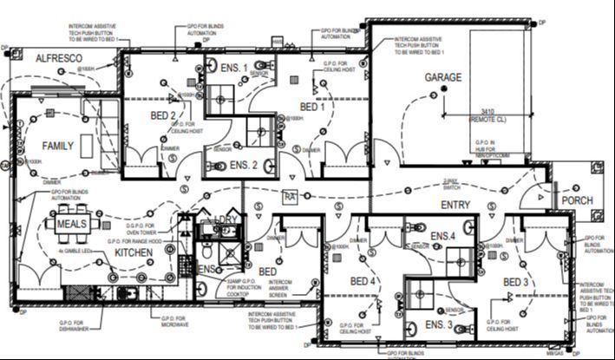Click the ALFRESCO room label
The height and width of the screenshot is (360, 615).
(59, 57)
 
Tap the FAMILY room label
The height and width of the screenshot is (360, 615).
(58, 146)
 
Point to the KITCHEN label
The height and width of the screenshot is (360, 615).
(134, 252)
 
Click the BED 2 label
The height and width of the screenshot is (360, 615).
(164, 115)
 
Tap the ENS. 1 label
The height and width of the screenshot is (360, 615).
(233, 69)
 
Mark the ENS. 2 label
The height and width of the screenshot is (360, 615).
(244, 165)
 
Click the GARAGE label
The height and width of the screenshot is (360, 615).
(442, 78)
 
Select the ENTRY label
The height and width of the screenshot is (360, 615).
(455, 205)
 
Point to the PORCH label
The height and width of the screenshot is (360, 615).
(577, 200)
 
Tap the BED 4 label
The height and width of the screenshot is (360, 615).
(363, 282)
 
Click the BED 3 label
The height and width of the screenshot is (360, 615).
(515, 282)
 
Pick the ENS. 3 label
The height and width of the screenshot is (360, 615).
(438, 324)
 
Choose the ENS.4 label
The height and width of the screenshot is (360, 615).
(442, 236)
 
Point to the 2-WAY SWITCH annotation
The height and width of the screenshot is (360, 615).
(451, 185)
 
